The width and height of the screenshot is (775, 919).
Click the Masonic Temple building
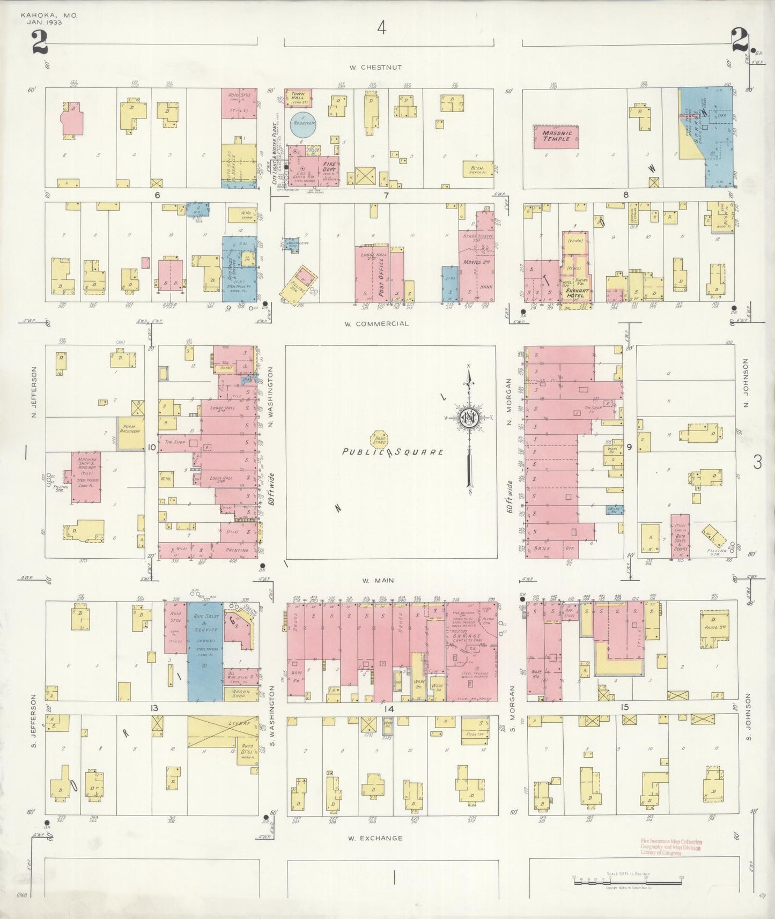(556, 137)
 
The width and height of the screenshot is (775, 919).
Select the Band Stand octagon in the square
(380, 439)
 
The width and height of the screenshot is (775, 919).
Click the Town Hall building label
(298, 97)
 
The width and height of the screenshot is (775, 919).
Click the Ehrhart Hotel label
(575, 294)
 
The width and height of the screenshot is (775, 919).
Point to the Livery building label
(240, 723)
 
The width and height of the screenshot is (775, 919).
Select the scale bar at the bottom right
(628, 881)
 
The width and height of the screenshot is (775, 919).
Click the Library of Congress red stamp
(671, 847)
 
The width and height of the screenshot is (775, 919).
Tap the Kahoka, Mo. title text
(49, 16)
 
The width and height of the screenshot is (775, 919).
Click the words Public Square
(393, 452)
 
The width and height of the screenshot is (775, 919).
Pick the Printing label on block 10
(238, 550)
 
